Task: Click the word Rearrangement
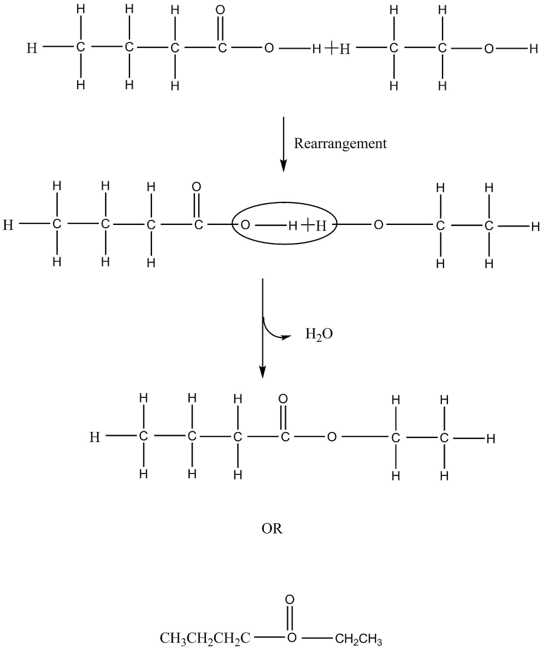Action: (340, 143)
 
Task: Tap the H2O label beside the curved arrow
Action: (319, 334)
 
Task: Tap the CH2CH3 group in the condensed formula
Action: (359, 639)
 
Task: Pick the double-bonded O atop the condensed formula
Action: (289, 599)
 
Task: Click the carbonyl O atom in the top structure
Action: (221, 10)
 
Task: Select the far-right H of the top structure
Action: (533, 49)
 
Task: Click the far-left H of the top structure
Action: (31, 48)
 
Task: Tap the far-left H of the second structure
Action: (8, 225)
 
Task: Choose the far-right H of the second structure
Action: (536, 226)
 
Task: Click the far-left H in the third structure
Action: (95, 437)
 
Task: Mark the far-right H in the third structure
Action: (491, 439)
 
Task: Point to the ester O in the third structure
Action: (332, 437)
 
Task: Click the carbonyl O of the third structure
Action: (283, 399)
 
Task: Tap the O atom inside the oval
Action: (245, 225)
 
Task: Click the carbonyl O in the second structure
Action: (196, 187)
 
